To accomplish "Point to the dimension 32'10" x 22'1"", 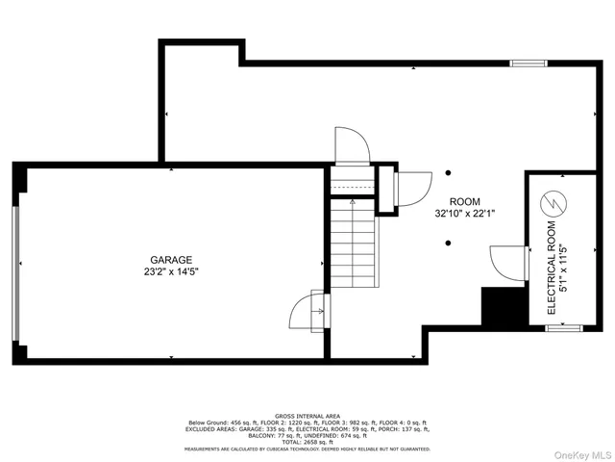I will pos(465,213).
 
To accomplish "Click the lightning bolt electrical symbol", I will pos(553,203).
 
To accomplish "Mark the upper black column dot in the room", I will pos(448,173).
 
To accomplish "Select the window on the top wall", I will pos(526,64).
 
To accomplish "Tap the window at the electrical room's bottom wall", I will pos(559,329).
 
